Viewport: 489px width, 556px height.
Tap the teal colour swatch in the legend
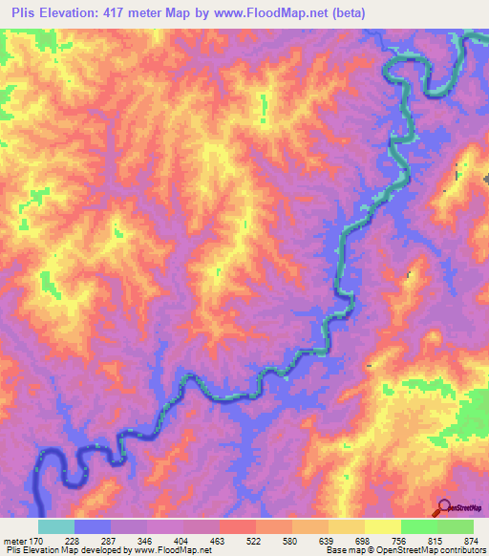tap(55, 526)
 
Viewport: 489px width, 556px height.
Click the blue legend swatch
tap(93, 526)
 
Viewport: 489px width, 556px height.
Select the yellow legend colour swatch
tap(382, 526)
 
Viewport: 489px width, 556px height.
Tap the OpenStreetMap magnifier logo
tap(444, 507)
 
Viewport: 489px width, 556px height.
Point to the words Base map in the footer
tap(344, 550)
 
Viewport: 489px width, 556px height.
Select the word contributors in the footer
tap(459, 550)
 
